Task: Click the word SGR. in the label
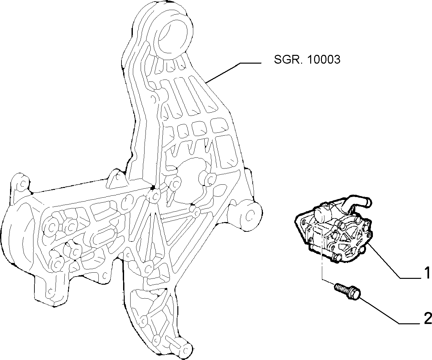pos(287,59)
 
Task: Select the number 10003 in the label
pos(324,59)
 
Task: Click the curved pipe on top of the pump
pos(356,204)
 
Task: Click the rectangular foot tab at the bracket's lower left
pos(51,290)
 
